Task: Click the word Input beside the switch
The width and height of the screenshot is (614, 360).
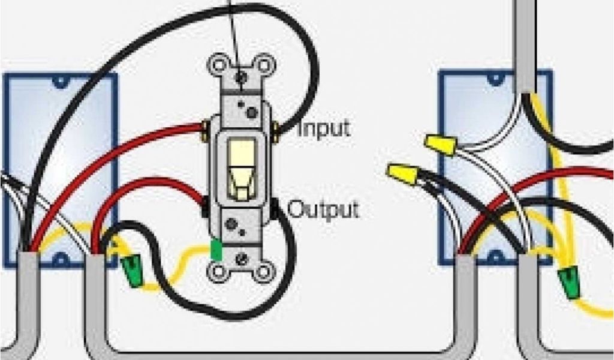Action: click(323, 128)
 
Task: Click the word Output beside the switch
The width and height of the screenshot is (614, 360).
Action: click(323, 209)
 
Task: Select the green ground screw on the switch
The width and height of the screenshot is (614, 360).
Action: click(216, 251)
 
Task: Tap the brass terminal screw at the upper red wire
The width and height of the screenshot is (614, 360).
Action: click(206, 127)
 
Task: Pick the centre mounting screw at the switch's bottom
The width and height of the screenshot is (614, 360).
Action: click(240, 259)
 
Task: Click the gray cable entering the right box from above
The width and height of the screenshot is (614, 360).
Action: click(525, 42)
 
